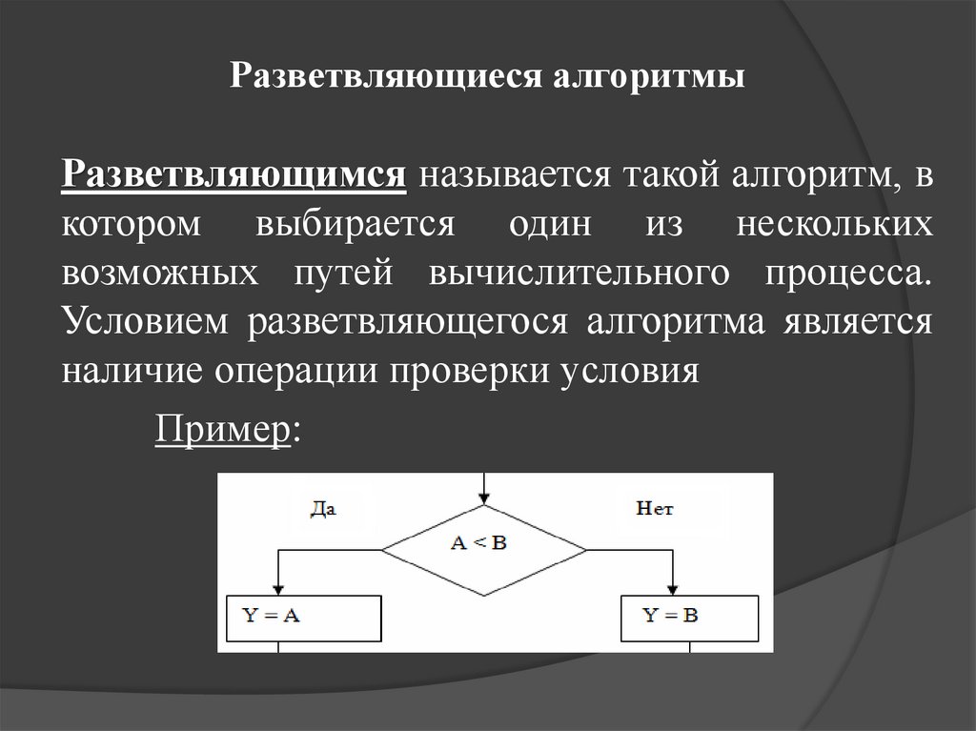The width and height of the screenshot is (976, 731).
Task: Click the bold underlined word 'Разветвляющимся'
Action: click(x=235, y=176)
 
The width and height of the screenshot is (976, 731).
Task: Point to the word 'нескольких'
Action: click(x=835, y=225)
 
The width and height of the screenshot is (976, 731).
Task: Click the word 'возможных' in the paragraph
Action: click(x=160, y=274)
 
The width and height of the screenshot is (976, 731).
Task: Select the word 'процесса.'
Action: click(x=845, y=274)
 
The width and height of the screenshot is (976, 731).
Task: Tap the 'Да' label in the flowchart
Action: click(x=324, y=509)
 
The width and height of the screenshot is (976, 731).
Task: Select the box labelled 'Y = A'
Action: click(x=303, y=618)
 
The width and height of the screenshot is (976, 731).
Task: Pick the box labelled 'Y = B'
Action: click(x=689, y=618)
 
